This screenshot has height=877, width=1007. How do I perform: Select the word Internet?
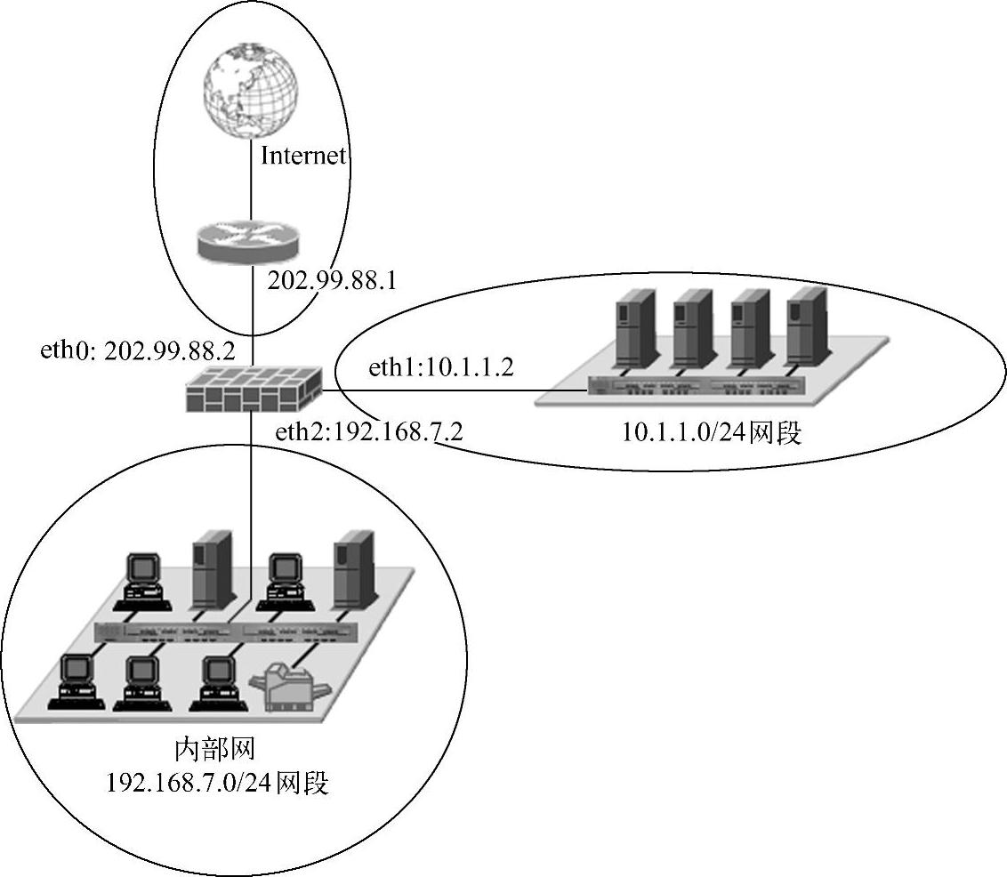(x=302, y=157)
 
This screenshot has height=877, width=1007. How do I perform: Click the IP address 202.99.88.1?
(x=331, y=281)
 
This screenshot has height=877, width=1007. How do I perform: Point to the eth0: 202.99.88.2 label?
(x=143, y=350)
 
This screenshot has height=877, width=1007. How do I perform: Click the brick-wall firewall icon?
(x=253, y=389)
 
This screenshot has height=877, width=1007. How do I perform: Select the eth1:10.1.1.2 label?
(x=440, y=367)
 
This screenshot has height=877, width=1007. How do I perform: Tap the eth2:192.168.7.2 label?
(x=368, y=433)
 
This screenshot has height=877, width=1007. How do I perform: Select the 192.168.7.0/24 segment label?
(x=218, y=784)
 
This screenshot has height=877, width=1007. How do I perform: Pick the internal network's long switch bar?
(x=226, y=632)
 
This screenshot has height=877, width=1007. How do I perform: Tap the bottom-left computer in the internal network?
(x=76, y=681)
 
